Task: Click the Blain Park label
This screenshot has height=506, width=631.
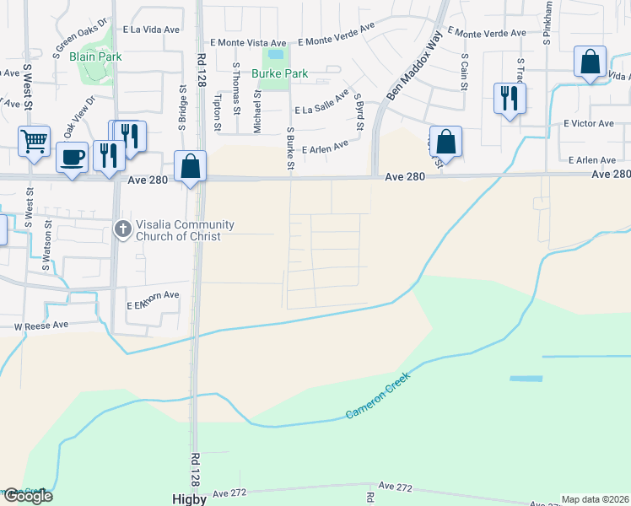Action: tap(96, 57)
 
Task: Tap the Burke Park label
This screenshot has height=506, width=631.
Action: tap(280, 73)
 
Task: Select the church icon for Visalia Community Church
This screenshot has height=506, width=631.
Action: tap(122, 229)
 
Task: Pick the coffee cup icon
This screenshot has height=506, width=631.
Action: tap(72, 156)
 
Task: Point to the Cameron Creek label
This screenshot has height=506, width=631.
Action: tap(378, 396)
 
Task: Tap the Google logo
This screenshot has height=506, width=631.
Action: tap(27, 496)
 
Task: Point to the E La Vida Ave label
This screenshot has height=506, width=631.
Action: tap(152, 29)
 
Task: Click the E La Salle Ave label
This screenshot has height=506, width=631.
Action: tap(321, 105)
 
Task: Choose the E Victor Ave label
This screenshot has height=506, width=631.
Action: tap(588, 123)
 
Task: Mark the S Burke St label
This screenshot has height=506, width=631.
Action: tap(290, 148)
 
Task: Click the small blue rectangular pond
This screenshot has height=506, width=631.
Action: tap(526, 379)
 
